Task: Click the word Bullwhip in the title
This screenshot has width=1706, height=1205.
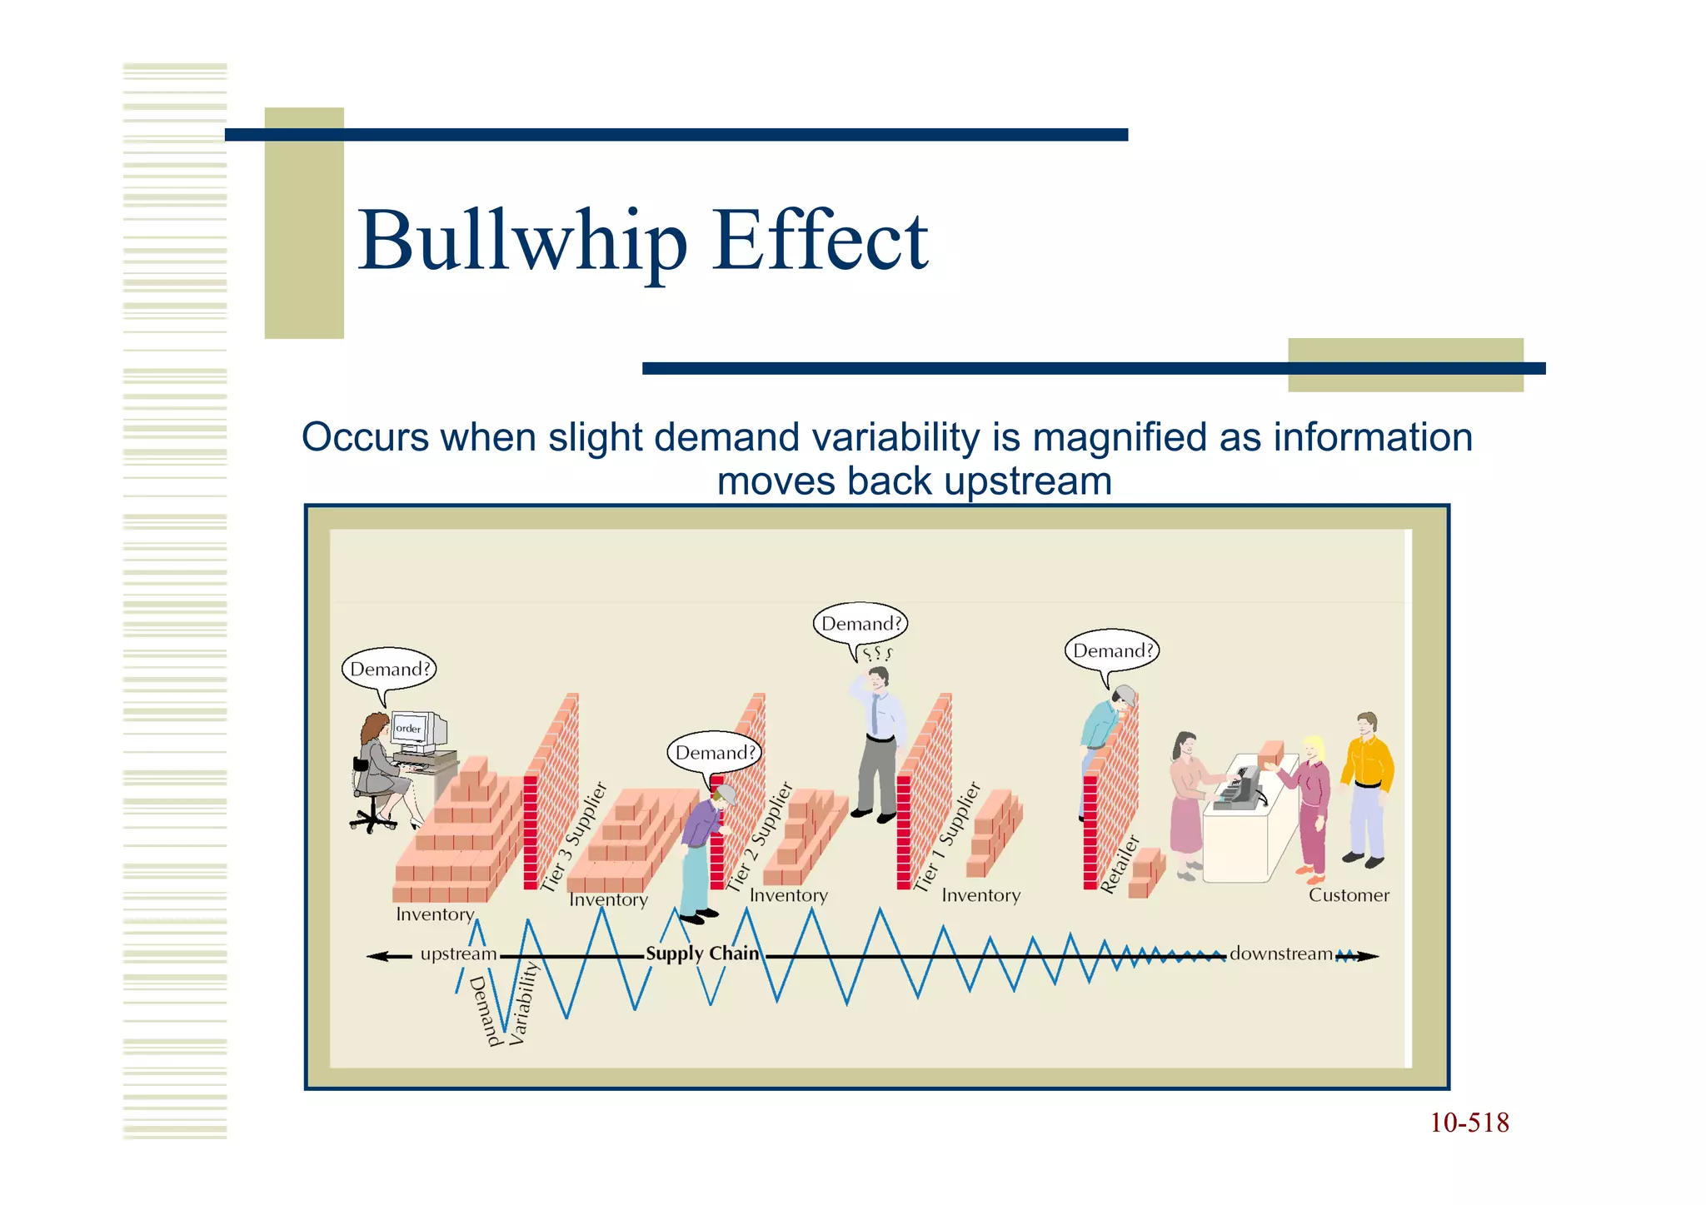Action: point(522,241)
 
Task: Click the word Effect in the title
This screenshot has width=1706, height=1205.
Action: point(820,241)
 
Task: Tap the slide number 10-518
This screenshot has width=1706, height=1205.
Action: point(1469,1123)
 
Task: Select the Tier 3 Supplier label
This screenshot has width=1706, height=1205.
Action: point(575,837)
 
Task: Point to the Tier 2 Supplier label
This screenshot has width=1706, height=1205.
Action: point(760,837)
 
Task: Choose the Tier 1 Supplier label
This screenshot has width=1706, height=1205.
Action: point(948,837)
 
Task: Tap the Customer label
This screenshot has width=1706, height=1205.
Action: point(1349,895)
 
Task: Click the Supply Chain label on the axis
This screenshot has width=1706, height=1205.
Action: point(702,954)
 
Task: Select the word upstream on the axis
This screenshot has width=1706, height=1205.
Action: point(458,954)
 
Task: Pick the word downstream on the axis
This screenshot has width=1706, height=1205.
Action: point(1281,954)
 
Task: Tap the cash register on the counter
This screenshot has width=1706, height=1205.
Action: point(1241,787)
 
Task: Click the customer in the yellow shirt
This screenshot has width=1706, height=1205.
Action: point(1367,787)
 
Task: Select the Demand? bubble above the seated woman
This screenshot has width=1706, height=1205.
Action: point(389,669)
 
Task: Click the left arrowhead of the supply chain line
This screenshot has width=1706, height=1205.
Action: point(377,956)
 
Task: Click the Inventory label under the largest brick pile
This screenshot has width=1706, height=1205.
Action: point(435,914)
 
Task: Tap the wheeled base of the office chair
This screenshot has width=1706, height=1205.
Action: point(372,821)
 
